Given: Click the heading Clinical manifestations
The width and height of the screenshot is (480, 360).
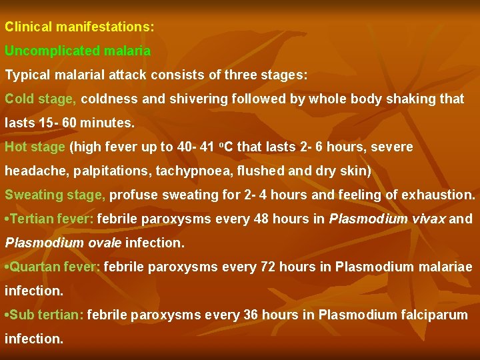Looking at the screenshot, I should coord(79,28).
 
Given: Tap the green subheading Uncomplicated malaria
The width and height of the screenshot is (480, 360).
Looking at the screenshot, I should coord(78,51).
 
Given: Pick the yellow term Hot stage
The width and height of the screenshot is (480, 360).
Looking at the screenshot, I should coord(35,147).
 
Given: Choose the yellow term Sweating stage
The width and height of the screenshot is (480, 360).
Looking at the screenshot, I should coord(55,195).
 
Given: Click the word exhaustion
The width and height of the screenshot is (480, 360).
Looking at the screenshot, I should coord(441,195).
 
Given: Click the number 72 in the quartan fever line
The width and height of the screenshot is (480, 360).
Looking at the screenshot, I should coord(265,267).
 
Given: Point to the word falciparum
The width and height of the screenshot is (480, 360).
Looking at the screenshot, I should coord(434,315).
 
